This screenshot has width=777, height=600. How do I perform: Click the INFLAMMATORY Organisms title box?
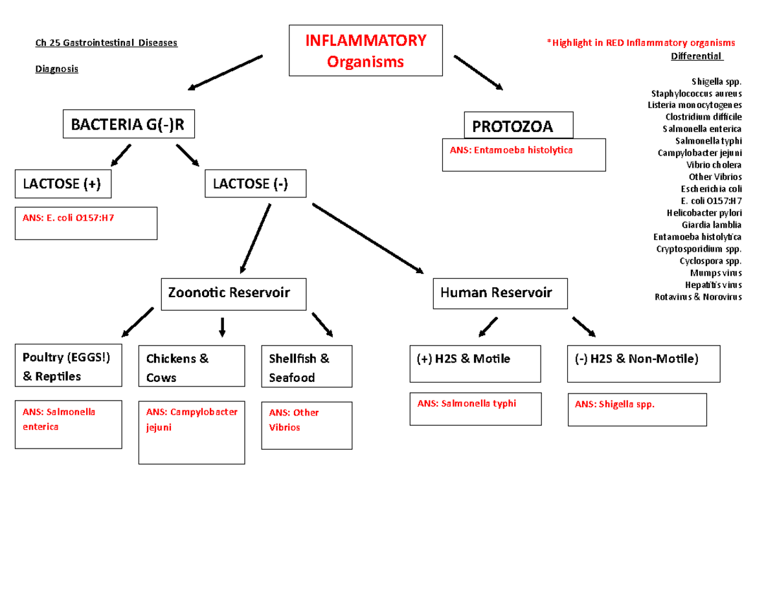(366, 50)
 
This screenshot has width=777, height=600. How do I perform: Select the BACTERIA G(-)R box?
(128, 124)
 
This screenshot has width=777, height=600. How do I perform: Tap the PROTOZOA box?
(519, 126)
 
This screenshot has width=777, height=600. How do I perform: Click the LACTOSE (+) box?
(62, 184)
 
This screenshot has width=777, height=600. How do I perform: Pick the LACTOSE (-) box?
(256, 184)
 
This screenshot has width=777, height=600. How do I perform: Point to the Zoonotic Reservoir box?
(234, 293)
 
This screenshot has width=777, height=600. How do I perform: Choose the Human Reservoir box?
(501, 293)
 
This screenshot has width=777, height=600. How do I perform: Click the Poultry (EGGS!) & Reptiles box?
(68, 366)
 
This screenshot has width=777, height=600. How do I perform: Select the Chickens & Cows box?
(192, 367)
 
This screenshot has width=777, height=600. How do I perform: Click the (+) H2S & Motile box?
(475, 363)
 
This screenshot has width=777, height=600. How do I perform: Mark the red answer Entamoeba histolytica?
(512, 150)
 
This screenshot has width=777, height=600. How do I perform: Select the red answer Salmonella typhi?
(467, 403)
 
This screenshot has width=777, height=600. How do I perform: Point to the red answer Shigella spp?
(615, 405)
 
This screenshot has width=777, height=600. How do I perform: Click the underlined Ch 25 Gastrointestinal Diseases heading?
(106, 43)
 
